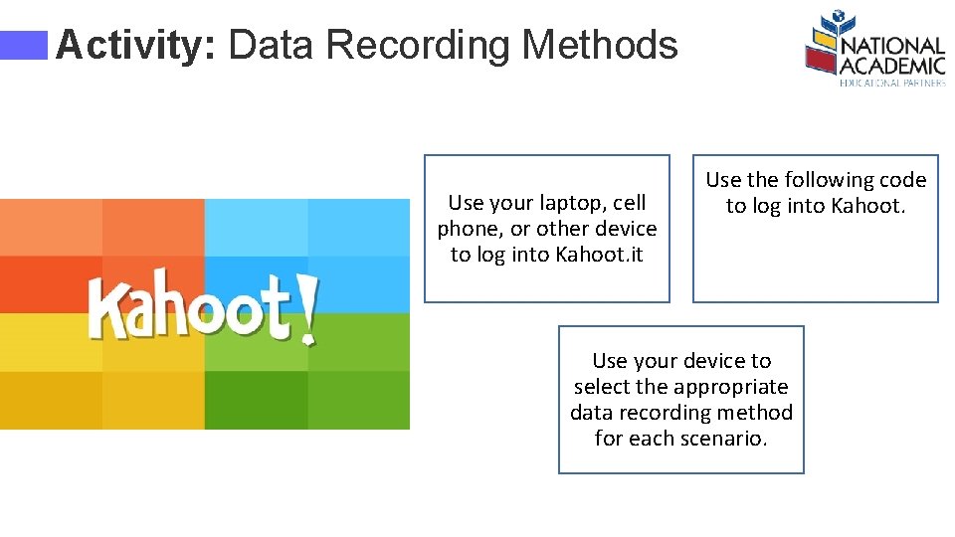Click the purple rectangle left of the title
click(24, 45)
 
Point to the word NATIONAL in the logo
click(892, 46)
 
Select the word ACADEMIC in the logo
click(892, 66)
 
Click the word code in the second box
click(902, 180)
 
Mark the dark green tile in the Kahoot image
click(256, 400)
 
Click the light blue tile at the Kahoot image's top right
click(358, 227)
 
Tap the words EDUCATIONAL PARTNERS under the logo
click(892, 84)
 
